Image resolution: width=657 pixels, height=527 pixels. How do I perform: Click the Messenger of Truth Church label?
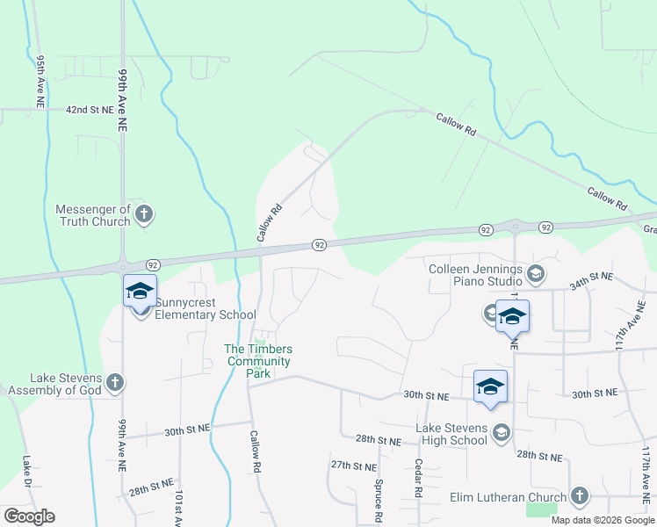92,215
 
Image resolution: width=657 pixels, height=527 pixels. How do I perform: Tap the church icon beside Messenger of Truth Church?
145,213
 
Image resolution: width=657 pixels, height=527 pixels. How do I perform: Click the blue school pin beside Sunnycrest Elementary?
140,291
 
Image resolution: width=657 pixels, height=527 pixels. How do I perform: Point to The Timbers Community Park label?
259,361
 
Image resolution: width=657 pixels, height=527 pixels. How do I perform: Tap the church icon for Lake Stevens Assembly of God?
115,382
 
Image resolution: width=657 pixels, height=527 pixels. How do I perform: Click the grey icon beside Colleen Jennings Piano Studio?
536,271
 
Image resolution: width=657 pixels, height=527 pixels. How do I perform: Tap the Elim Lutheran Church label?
508,498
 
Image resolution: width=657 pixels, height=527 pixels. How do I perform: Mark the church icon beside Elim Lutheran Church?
578,496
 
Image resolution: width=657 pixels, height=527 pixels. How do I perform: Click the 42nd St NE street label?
90,110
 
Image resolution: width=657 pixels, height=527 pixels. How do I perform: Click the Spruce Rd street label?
379,501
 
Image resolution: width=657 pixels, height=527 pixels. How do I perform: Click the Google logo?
29,516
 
